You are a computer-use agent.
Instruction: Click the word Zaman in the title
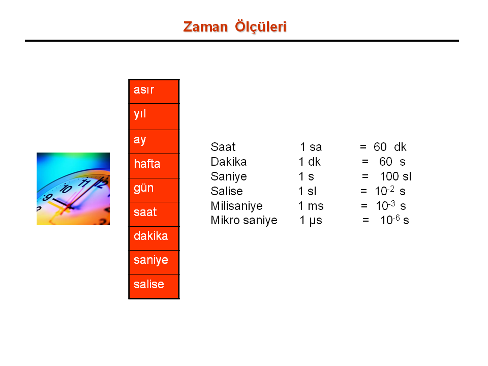click(205, 27)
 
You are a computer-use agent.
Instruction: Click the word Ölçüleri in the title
click(260, 26)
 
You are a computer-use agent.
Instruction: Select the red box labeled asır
click(154, 91)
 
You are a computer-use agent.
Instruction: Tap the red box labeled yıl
click(154, 117)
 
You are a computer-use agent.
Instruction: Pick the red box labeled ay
click(154, 142)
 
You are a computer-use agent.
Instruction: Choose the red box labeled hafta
click(154, 166)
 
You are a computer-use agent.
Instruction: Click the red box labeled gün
click(154, 190)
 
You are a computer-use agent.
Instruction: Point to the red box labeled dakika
click(154, 238)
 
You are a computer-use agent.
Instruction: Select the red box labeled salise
click(154, 286)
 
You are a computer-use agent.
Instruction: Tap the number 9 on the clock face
click(48, 197)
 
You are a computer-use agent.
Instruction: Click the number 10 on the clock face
click(66, 188)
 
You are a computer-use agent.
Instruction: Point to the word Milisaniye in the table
click(236, 206)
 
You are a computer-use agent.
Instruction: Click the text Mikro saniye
click(244, 220)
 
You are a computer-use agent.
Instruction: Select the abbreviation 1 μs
click(311, 221)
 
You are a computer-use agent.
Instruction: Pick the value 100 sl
click(395, 176)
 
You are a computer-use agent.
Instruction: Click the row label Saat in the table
click(223, 147)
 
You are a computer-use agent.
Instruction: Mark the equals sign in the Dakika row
click(365, 162)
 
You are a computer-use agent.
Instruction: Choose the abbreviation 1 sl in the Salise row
click(307, 191)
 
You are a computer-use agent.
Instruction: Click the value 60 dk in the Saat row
click(390, 147)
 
